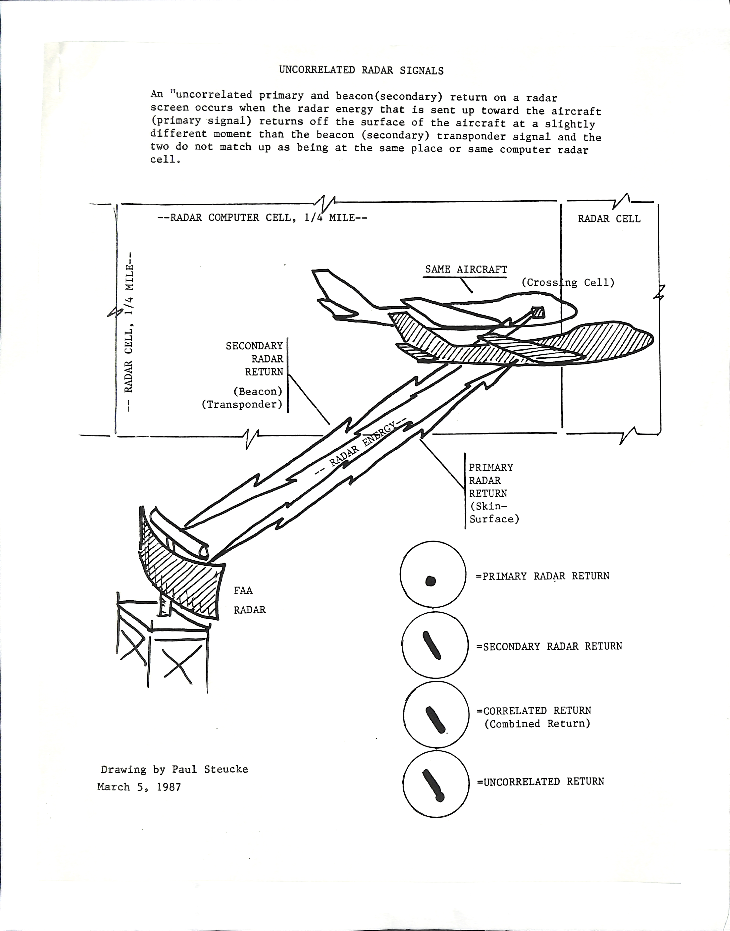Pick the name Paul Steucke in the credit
210,769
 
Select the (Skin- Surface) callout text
494,513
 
